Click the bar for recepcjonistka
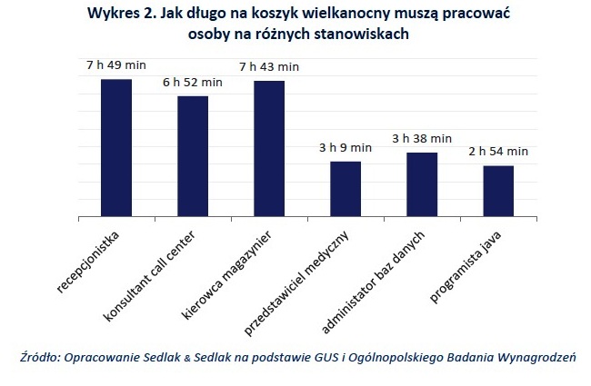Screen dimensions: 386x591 [x=116, y=148]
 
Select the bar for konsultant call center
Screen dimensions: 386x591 [x=193, y=156]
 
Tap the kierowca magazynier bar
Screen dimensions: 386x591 [x=269, y=149]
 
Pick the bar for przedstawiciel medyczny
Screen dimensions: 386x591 [x=346, y=189]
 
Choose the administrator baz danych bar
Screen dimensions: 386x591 [x=422, y=184]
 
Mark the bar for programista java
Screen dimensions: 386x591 [x=498, y=191]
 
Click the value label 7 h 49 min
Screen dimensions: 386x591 [x=116, y=65]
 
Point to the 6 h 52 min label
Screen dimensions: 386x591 [x=193, y=83]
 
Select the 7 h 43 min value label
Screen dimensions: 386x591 [x=269, y=67]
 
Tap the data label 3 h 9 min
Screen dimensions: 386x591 [x=346, y=147]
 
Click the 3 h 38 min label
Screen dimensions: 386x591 [x=422, y=138]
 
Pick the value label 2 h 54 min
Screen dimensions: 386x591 [x=498, y=152]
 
